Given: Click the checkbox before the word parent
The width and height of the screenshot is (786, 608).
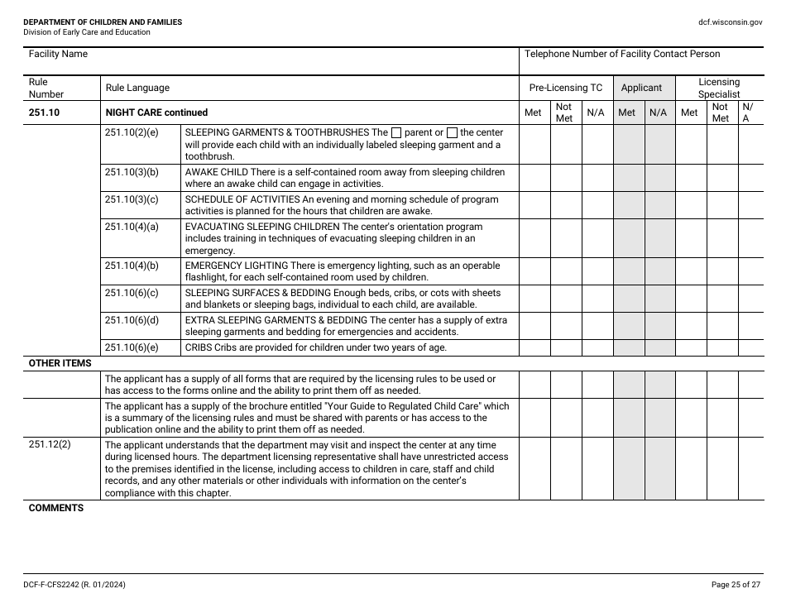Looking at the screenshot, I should tap(396, 132).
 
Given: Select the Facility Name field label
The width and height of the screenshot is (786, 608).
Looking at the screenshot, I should tap(58, 55).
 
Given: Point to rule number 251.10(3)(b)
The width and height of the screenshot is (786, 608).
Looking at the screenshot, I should tap(131, 172).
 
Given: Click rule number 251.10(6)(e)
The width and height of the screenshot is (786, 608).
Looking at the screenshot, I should tap(131, 347).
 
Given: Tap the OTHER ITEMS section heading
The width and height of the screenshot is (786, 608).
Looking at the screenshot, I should tap(60, 363).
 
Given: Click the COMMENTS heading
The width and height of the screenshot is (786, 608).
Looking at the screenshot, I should tap(55, 508).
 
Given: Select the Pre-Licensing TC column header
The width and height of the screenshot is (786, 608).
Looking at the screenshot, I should tap(566, 88).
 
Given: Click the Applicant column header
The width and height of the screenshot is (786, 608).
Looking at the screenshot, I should tap(641, 88).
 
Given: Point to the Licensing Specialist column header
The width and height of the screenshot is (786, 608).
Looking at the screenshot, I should tap(718, 88).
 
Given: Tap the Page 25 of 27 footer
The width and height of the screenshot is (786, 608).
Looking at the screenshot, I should tap(736, 585).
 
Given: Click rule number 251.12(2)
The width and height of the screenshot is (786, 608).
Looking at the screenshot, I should tap(50, 445).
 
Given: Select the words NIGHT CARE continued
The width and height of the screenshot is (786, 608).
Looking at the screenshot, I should tap(156, 113).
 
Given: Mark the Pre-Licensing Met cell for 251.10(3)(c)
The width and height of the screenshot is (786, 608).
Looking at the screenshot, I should tap(534, 204).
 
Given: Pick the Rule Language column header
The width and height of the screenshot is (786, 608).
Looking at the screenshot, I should tap(137, 88).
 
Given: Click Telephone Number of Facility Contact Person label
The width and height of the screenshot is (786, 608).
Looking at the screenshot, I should tap(622, 55).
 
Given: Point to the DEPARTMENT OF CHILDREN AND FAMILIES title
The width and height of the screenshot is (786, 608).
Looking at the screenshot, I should tap(103, 22).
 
